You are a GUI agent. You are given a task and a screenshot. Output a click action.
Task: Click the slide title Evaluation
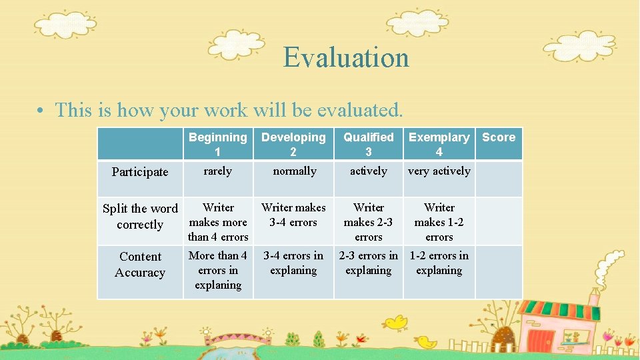[x=346, y=57]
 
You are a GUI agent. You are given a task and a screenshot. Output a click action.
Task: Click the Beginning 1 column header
[x=218, y=144]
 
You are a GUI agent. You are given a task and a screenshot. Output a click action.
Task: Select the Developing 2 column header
[x=293, y=144]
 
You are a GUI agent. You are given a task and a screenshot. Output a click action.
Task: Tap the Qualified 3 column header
[x=369, y=144]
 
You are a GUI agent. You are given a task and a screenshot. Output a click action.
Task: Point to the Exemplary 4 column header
[x=439, y=144]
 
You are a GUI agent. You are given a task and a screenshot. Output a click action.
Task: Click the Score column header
[x=499, y=137]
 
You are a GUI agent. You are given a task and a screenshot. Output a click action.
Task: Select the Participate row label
[x=140, y=172]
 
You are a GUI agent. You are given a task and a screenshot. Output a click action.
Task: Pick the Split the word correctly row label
[x=140, y=217]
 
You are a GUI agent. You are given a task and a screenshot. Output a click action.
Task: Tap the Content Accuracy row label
[x=140, y=265]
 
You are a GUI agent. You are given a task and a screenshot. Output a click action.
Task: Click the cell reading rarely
[x=218, y=171]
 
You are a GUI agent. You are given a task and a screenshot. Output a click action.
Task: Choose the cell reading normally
[x=294, y=171]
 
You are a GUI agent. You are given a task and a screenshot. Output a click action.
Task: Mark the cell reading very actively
[x=439, y=171]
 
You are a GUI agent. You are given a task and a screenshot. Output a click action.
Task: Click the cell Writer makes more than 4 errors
[x=218, y=222]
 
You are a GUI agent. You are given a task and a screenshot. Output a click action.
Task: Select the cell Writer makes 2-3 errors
[x=369, y=222]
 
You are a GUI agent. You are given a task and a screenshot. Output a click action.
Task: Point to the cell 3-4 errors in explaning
[x=293, y=263]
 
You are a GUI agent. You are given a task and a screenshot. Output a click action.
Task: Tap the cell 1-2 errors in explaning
[x=439, y=263]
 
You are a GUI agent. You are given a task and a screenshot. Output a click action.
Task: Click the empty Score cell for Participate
[x=499, y=179]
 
